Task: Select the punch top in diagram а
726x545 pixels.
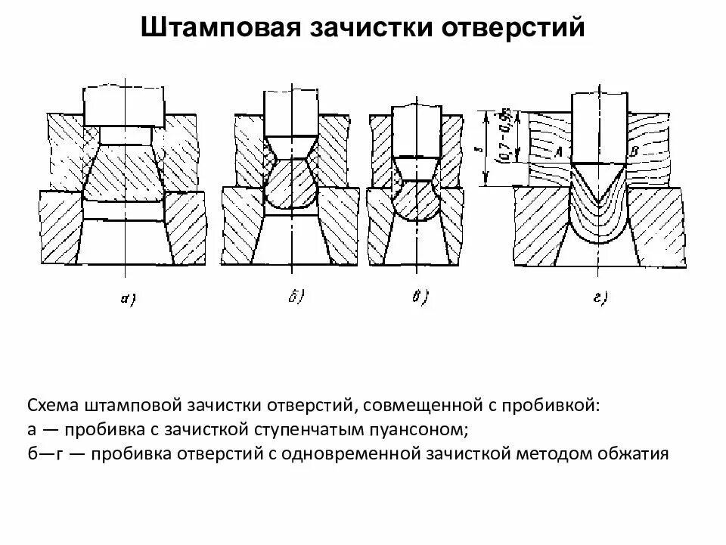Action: pos(123,106)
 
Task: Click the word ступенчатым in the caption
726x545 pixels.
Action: pos(302,430)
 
